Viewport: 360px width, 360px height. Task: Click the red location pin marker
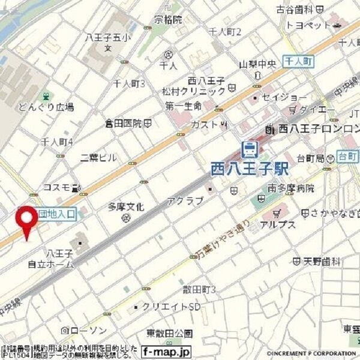click(x=26, y=221)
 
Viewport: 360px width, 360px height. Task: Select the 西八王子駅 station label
click(x=249, y=169)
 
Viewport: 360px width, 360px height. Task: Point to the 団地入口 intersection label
click(x=56, y=213)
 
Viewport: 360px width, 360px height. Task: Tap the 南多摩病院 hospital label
click(x=291, y=188)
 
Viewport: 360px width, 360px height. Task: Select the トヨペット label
click(x=308, y=25)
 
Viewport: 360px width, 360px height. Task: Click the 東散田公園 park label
click(x=169, y=334)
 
